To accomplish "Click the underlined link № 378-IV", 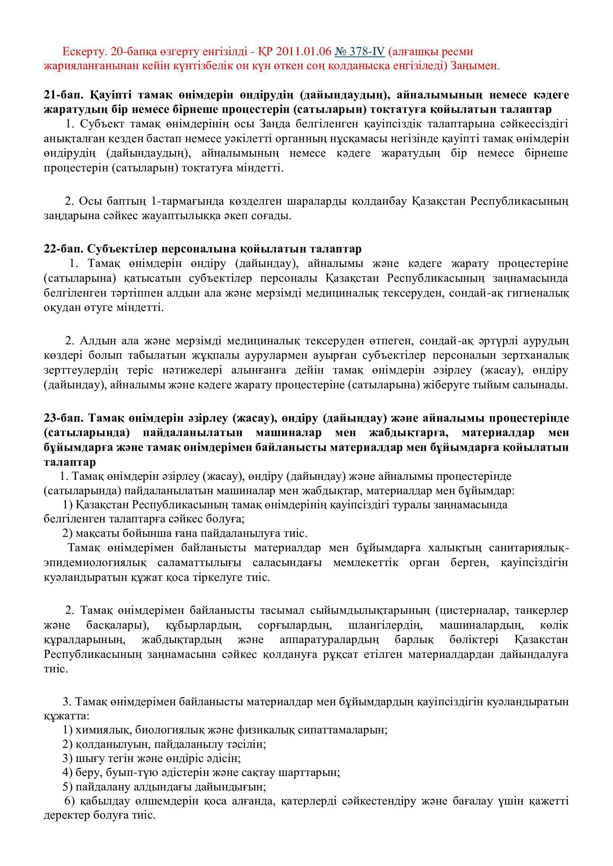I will (359, 51).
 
